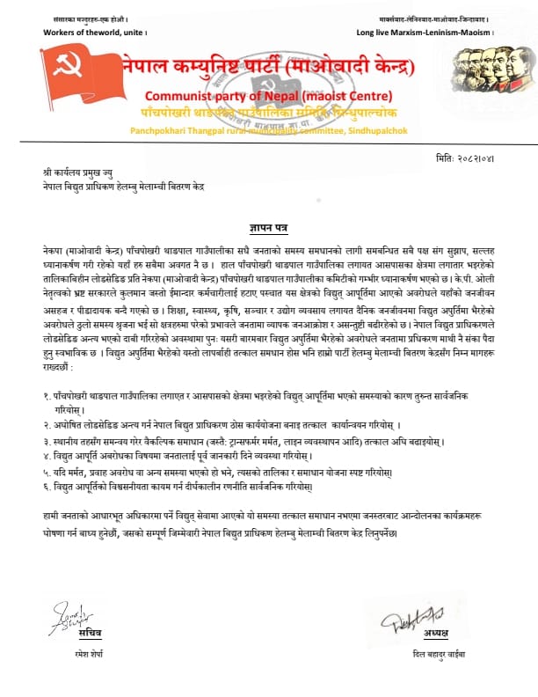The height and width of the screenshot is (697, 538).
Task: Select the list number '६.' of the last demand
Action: coord(47,486)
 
